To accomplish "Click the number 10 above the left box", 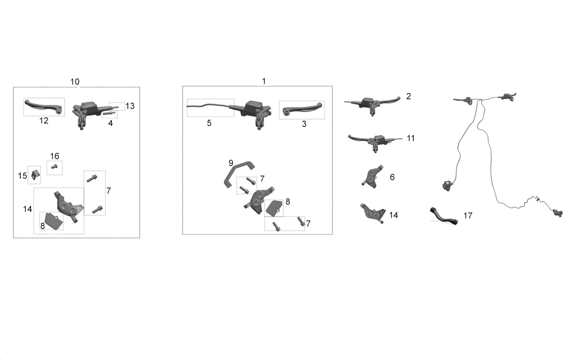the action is pos(75,82).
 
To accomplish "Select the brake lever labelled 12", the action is pos(44,106).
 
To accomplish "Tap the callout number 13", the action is pos(130,106).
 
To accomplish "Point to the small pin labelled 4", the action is pos(109,113).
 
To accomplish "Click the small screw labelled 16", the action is pos(54,167).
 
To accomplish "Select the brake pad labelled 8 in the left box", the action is pos(54,221).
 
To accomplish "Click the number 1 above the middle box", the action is pos(264,81).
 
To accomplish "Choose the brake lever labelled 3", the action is pos(302,110).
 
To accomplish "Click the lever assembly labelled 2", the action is pos(372,104).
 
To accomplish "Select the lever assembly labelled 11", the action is pos(375,143).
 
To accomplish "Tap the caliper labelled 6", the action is pos(373,176).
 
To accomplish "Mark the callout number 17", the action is pos(468,216).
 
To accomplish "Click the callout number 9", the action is pos(231,163).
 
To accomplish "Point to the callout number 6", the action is pos(392,177).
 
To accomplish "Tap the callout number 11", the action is pos(411,138).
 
